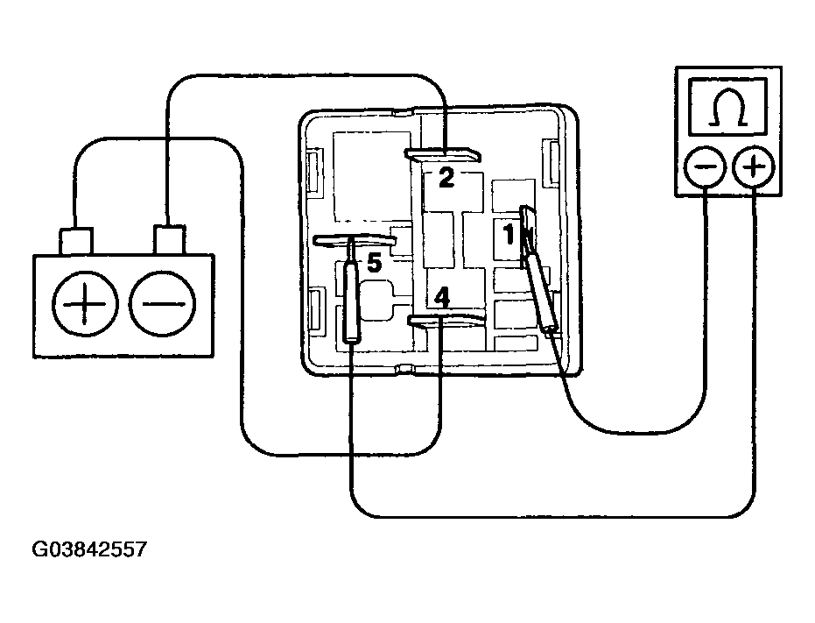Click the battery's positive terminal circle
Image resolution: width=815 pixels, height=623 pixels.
point(85,303)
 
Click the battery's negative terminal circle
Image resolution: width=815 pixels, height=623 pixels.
point(162,303)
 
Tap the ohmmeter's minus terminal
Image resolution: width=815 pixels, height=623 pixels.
point(706,167)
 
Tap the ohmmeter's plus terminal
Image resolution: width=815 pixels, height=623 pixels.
point(753,167)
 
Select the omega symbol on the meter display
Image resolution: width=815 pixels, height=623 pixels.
point(727,108)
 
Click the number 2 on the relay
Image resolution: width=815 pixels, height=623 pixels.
point(446,178)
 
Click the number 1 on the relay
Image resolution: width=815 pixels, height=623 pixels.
point(509,234)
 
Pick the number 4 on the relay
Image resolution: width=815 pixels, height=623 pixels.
point(442,297)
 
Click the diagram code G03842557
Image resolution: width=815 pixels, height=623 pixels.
point(89,549)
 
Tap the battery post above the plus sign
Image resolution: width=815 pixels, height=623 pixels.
point(76,242)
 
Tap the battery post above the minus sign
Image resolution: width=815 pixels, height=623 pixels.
point(169,240)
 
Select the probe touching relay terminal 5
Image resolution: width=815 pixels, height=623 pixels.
point(351,302)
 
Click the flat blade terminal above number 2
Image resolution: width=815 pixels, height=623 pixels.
point(443,154)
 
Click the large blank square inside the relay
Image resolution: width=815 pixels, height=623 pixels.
point(372,176)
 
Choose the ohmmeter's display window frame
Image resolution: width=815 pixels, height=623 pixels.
point(727,107)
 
